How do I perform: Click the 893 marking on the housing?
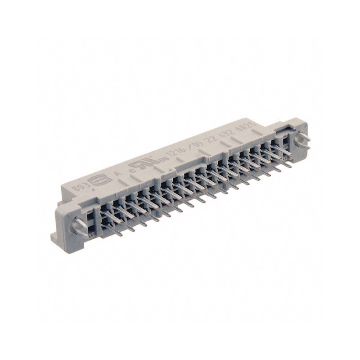coord(80,184)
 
